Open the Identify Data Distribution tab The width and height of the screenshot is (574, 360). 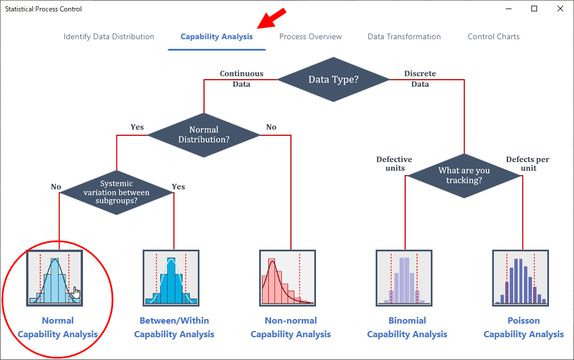[x=109, y=36]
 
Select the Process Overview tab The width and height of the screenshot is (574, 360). [x=310, y=36]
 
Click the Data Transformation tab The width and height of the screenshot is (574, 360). [x=404, y=36]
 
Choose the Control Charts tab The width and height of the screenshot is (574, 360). [x=493, y=36]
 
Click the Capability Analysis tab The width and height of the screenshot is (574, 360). [x=217, y=36]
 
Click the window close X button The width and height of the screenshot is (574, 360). [x=560, y=9]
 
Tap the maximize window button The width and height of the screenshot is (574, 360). [x=534, y=9]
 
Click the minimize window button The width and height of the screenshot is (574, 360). [x=509, y=9]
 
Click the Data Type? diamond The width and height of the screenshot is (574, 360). [x=334, y=80]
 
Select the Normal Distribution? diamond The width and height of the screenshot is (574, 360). [x=204, y=135]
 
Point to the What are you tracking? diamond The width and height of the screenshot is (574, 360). [x=464, y=175]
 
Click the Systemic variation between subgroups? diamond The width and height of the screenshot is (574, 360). [x=117, y=192]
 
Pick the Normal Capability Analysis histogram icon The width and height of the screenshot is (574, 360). [x=55, y=278]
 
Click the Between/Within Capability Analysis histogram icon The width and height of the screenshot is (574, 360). [x=171, y=278]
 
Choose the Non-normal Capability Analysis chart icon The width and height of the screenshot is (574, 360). [x=288, y=278]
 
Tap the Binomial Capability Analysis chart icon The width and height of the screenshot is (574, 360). [x=404, y=278]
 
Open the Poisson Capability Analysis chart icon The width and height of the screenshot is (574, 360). [x=521, y=278]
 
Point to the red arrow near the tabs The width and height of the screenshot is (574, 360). [x=271, y=18]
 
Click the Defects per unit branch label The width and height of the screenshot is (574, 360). [x=528, y=164]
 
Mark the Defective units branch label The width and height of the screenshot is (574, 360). [x=394, y=164]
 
